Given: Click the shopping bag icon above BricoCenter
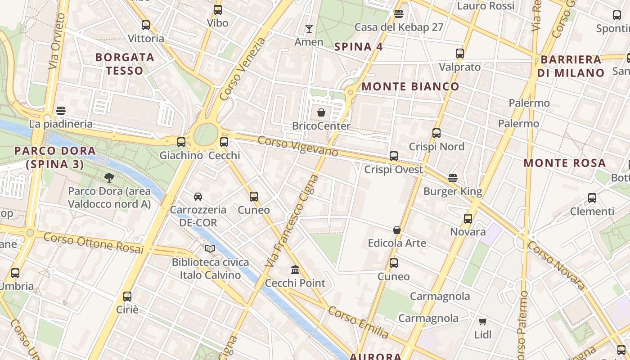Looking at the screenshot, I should (x=321, y=112).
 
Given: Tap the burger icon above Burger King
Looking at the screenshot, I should (x=453, y=178).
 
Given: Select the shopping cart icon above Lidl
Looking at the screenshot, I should (x=483, y=321).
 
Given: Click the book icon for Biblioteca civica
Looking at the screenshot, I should (x=210, y=248).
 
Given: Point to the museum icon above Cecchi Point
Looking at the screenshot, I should (x=295, y=270).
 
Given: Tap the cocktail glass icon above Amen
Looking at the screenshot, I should (x=309, y=29).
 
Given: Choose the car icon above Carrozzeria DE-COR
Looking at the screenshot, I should (x=198, y=197).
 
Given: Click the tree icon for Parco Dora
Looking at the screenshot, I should (x=109, y=178).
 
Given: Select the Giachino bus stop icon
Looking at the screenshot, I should (x=181, y=142).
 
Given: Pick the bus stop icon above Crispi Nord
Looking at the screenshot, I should (x=436, y=133).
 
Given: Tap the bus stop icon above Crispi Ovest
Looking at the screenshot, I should (x=394, y=156).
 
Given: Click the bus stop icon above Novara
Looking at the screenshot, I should (x=468, y=219).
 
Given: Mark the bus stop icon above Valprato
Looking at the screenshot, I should (x=459, y=54).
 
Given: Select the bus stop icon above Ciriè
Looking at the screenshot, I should (x=127, y=297).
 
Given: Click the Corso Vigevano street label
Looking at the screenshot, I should (x=297, y=146).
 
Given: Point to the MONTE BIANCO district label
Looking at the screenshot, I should (x=410, y=86).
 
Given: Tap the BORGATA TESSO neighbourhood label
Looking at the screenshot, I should (x=125, y=64).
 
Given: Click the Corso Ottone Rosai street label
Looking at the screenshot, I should (x=94, y=243).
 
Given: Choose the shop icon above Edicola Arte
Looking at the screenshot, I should (x=397, y=230).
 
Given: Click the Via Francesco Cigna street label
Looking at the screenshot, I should (x=293, y=220).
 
